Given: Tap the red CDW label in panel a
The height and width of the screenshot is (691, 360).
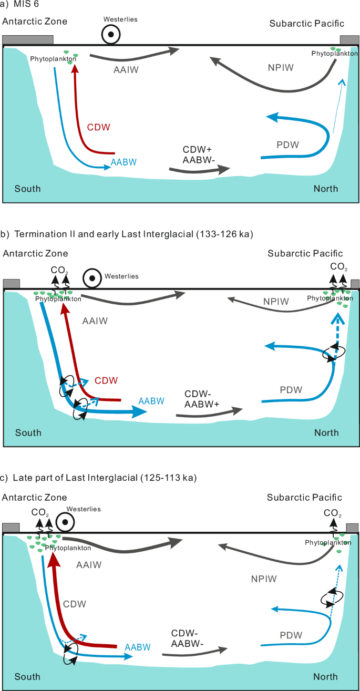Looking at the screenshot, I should [x=99, y=127].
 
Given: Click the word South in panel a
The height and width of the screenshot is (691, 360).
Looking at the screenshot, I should [x=27, y=189].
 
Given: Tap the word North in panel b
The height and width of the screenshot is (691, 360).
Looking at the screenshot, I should [x=326, y=433].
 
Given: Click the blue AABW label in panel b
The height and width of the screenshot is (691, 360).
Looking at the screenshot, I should [x=151, y=401].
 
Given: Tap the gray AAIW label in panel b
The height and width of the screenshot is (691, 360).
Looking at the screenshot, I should [x=95, y=321].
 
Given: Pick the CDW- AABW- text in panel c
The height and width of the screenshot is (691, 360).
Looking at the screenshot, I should [x=189, y=638].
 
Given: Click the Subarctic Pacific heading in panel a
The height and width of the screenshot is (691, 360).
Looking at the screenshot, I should [x=306, y=23].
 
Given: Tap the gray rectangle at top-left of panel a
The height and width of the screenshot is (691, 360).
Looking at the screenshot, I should [x=28, y=40].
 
